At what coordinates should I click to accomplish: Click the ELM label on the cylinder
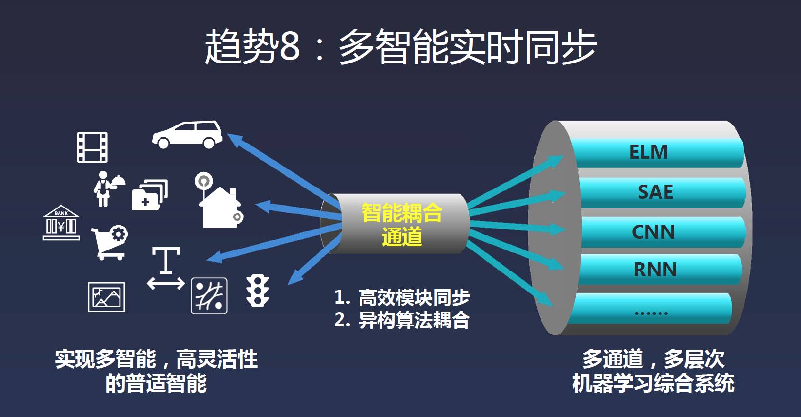coord(648,152)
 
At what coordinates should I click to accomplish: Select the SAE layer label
coord(655,192)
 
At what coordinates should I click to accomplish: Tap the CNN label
coord(653,232)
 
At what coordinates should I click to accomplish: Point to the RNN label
coord(655,270)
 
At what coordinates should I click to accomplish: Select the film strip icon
coord(92,147)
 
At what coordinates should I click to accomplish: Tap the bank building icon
coord(61,223)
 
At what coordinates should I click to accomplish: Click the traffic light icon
coord(258,291)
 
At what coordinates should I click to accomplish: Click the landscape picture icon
coord(106,297)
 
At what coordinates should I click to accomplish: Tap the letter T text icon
coord(166,260)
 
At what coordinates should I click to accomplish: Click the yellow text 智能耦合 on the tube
coord(401,213)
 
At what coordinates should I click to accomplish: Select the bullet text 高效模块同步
coord(414,297)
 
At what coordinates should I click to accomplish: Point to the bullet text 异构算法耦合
coord(414,320)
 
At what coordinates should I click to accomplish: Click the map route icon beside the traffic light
coord(209,295)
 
